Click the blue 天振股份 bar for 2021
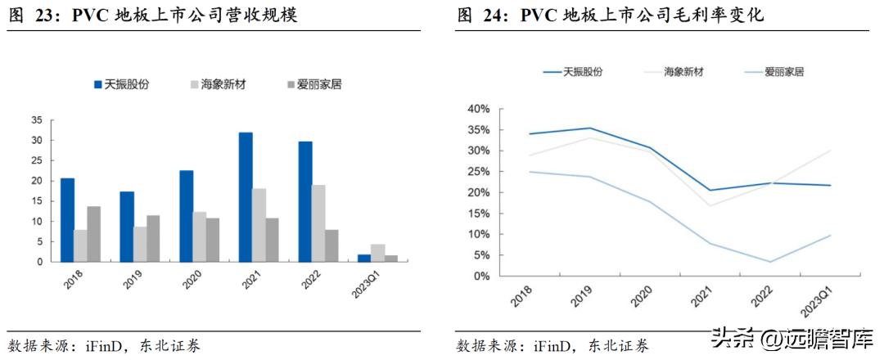click(246, 197)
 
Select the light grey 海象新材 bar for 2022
click(318, 223)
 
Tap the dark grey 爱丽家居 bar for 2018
click(94, 234)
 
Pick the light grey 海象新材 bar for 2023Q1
click(377, 253)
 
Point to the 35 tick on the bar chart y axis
click(35, 120)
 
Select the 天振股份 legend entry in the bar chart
click(120, 84)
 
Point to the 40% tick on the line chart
click(477, 109)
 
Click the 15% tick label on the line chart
click(477, 214)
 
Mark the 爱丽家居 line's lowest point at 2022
click(771, 262)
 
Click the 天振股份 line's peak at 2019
click(591, 128)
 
